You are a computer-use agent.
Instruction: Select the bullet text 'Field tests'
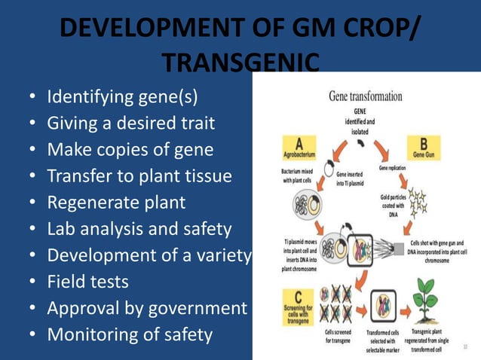tap(87, 282)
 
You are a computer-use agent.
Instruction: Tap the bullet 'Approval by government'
tap(147, 308)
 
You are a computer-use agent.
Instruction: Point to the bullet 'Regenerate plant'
tap(116, 203)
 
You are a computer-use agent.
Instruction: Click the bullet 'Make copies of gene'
tap(130, 150)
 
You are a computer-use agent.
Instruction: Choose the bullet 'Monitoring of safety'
tap(130, 334)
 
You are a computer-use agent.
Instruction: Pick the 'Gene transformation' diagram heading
tap(365, 96)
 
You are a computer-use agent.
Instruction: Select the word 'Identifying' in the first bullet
tap(85, 97)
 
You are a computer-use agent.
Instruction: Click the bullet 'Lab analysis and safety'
tap(139, 229)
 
